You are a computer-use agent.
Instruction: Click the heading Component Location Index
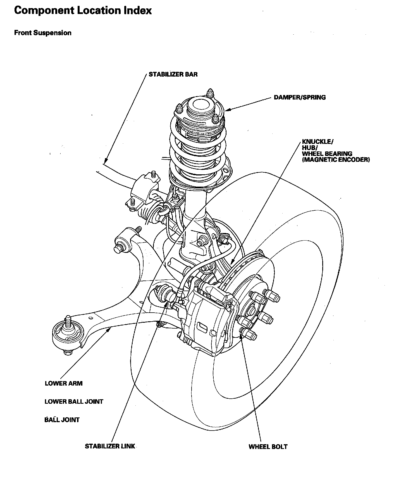click(x=83, y=11)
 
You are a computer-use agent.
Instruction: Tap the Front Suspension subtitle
click(x=43, y=33)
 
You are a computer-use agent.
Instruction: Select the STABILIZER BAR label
click(x=173, y=74)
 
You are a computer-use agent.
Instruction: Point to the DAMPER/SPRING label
click(x=300, y=98)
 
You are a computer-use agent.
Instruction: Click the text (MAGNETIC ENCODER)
click(x=336, y=160)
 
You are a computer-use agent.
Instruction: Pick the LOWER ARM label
click(x=64, y=383)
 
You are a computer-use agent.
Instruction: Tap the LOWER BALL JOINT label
click(x=74, y=401)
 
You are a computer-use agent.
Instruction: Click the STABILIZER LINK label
click(x=110, y=446)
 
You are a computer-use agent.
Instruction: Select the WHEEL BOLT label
click(x=268, y=447)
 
